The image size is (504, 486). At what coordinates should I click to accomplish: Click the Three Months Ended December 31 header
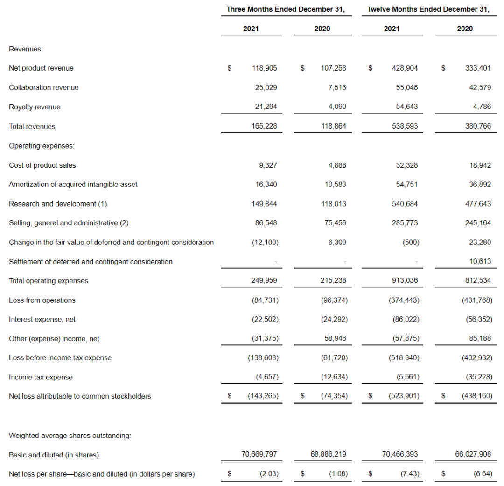tap(286, 9)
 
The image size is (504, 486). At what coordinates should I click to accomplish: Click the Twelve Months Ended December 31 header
tap(428, 9)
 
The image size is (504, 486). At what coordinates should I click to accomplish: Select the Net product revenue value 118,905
tap(265, 68)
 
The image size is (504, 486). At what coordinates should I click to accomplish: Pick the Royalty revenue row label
tap(35, 107)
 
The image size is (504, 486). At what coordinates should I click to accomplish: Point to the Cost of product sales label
tap(42, 165)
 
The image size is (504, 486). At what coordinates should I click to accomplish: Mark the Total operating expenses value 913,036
tap(406, 281)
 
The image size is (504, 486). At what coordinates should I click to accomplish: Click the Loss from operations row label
tap(42, 300)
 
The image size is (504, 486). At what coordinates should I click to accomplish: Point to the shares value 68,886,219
tap(328, 454)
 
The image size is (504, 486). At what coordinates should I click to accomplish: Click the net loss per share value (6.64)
tap(483, 474)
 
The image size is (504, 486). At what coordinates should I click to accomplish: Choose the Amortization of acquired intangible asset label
tap(73, 185)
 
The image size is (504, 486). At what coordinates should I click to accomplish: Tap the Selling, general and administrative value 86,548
tap(266, 223)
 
